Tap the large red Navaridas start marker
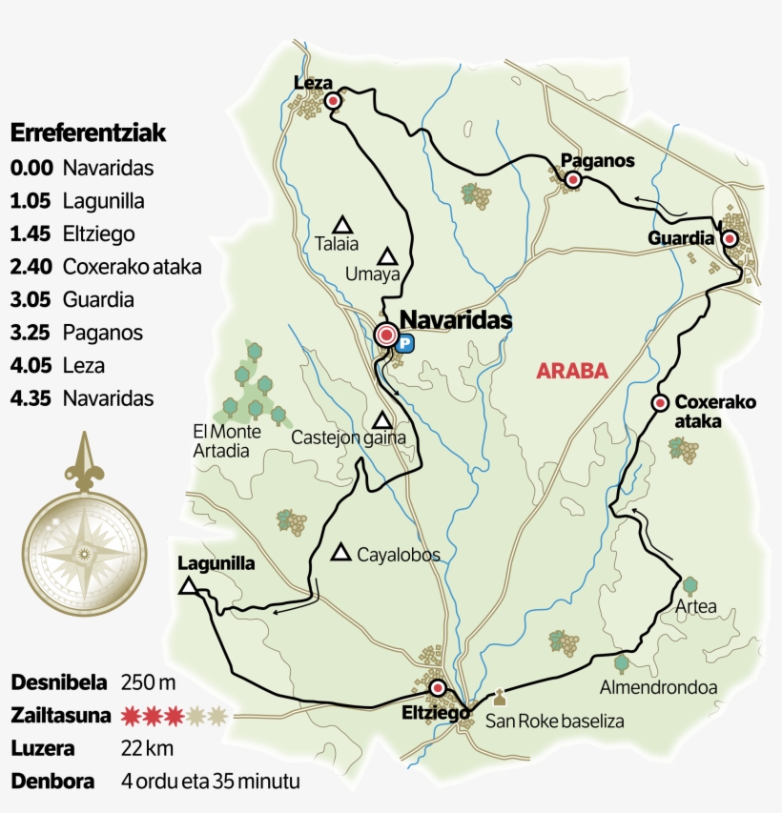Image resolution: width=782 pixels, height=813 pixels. pos(386,335)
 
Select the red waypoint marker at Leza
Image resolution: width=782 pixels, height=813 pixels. pos(333,101)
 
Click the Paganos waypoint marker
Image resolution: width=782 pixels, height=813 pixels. pos(572,179)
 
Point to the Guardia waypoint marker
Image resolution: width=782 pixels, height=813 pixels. pos(730,238)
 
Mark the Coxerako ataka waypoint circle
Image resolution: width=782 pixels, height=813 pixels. pos(659,403)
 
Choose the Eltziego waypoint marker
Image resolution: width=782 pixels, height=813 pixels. pos(438,688)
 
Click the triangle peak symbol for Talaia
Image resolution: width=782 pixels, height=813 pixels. pos(343,225)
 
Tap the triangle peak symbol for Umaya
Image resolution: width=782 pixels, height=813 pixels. pos(387,255)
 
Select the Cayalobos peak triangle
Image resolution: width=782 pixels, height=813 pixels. pos(340,553)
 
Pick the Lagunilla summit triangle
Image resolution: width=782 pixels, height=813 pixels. pos(189,586)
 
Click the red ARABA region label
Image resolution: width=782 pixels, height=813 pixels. pos(572,372)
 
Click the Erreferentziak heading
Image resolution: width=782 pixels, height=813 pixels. pos(88,132)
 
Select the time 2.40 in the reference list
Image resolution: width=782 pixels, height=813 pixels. pos(31,267)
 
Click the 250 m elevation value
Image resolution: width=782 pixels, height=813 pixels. pos(149,682)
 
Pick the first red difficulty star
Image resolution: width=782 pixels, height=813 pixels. pos(131,715)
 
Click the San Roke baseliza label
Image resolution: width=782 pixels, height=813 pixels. pos(554,722)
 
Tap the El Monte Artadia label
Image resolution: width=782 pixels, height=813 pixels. pos(220,441)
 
